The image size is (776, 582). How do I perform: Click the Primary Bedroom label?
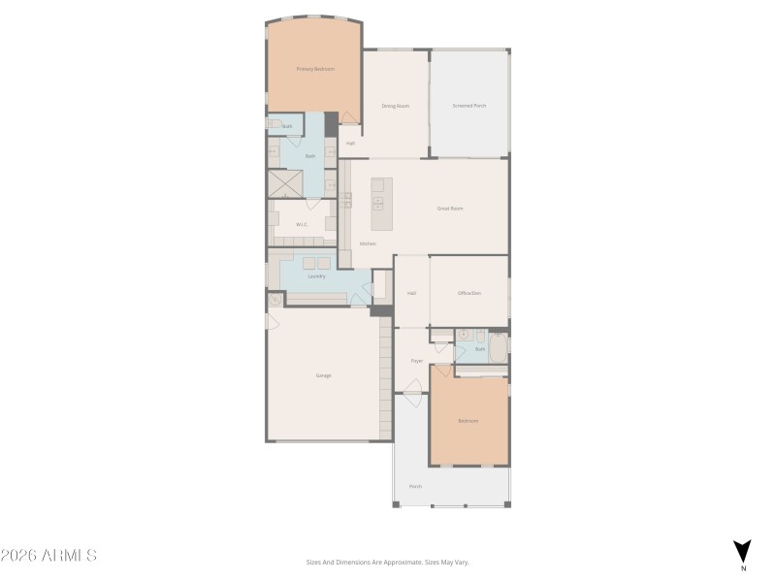pos(315,69)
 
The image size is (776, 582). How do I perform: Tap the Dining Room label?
pos(395,106)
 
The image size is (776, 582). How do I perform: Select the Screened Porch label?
pos(469,106)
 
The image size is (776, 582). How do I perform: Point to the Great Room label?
pos(450,209)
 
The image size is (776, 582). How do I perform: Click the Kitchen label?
pos(368,243)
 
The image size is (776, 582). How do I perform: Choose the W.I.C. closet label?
pos(302,225)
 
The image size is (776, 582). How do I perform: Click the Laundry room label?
pos(316,276)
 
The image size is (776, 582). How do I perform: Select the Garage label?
pos(323,375)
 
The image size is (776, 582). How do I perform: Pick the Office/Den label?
pos(469,293)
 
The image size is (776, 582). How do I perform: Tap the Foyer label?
pos(416,361)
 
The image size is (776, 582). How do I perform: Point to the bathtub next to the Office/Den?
pos(498,348)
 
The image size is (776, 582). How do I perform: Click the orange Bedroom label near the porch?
pos(469,421)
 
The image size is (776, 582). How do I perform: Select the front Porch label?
pos(415,486)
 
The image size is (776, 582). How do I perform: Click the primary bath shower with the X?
pos(284,183)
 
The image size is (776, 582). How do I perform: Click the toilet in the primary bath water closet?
pos(275,125)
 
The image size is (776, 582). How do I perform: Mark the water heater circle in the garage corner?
pos(275,301)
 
